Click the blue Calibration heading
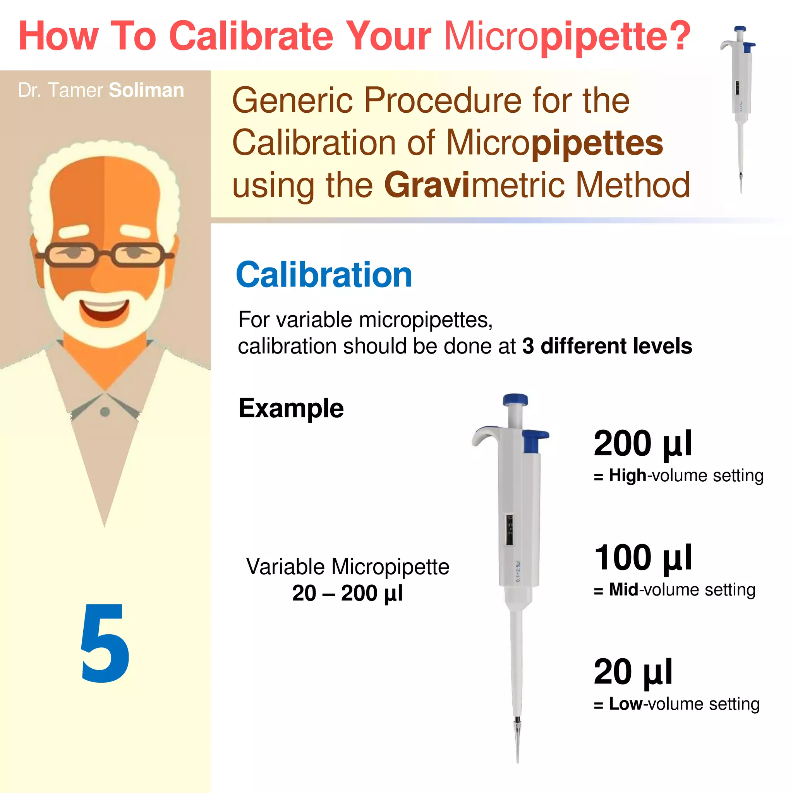coord(324,275)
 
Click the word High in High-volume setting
coord(627,476)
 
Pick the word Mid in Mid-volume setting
coord(623,590)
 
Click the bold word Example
coord(291,409)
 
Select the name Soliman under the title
coord(146,90)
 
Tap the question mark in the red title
coord(679,36)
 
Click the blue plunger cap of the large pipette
coord(515,399)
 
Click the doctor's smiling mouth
coord(105,310)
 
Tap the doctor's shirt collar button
coord(105,412)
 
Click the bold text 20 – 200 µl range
coord(347,593)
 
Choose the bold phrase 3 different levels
coord(607,346)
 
